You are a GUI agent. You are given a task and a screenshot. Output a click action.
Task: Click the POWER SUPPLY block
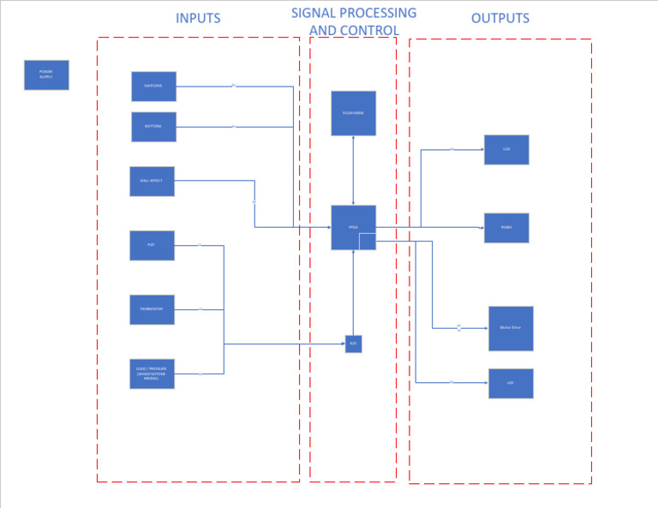coord(46,75)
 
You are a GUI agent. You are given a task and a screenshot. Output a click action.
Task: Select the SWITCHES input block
coord(153,87)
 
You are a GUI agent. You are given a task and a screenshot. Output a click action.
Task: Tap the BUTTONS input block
coord(153,127)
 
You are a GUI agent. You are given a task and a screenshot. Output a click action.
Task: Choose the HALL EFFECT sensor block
coord(152,181)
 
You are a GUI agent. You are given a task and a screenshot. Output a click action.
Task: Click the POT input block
coord(152,245)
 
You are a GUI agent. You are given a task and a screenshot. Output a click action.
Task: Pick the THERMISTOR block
coord(152,309)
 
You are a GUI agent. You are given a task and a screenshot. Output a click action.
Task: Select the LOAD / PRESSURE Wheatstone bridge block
coord(152,374)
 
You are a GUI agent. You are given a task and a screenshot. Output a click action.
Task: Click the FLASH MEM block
coord(353,113)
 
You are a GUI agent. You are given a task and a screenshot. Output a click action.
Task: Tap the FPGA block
coord(353,227)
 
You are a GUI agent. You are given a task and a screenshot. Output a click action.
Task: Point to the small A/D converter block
coord(353,344)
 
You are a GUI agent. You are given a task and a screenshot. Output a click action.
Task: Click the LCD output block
coord(506,150)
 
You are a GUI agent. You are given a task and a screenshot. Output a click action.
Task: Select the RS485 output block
coord(506,228)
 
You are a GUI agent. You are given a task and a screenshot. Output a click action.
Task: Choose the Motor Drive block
coord(511,328)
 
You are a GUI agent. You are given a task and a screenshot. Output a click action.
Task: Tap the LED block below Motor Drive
coord(511,383)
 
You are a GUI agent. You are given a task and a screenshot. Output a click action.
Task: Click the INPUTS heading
coord(198,18)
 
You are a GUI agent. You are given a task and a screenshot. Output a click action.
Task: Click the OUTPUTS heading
coord(500,18)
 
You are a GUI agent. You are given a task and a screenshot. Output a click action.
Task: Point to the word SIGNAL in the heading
coord(316,13)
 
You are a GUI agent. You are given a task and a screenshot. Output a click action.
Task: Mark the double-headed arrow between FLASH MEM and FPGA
coord(353,170)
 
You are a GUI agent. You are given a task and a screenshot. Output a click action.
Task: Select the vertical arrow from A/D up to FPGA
coord(353,291)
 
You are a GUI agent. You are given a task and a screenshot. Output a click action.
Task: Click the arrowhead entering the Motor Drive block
coord(485,328)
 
